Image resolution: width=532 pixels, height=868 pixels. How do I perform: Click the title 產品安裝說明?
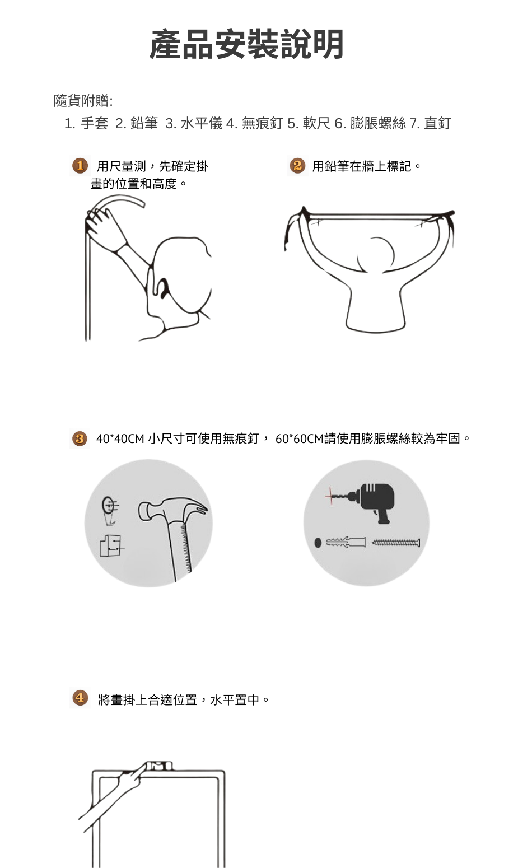coord(246,44)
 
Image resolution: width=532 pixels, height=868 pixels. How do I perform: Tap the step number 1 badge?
coord(80,166)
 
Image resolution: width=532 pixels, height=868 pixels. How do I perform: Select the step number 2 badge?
coord(297,166)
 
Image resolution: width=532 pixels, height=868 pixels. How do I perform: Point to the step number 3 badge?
coord(80,438)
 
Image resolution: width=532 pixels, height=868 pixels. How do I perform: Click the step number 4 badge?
coord(80,698)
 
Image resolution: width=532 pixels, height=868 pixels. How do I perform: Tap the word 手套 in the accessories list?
coord(94,123)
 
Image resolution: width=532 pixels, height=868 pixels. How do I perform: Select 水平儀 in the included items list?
coord(202,123)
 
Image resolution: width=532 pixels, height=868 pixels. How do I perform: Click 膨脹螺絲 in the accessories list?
coord(378,123)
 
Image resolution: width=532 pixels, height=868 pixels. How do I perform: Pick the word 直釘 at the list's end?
coord(438,123)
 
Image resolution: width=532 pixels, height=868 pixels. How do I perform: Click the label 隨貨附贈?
coord(83,101)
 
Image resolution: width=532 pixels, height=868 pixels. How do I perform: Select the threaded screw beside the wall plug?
coord(395,543)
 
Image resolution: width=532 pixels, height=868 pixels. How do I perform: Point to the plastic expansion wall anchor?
coord(346,542)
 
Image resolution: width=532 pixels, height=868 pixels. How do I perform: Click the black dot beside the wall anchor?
coord(318,543)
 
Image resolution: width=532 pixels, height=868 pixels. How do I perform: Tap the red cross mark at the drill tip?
coord(330,496)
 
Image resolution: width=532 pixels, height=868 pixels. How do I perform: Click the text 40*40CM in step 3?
coord(120,438)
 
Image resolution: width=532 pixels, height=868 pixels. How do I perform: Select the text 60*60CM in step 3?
coord(299,438)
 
